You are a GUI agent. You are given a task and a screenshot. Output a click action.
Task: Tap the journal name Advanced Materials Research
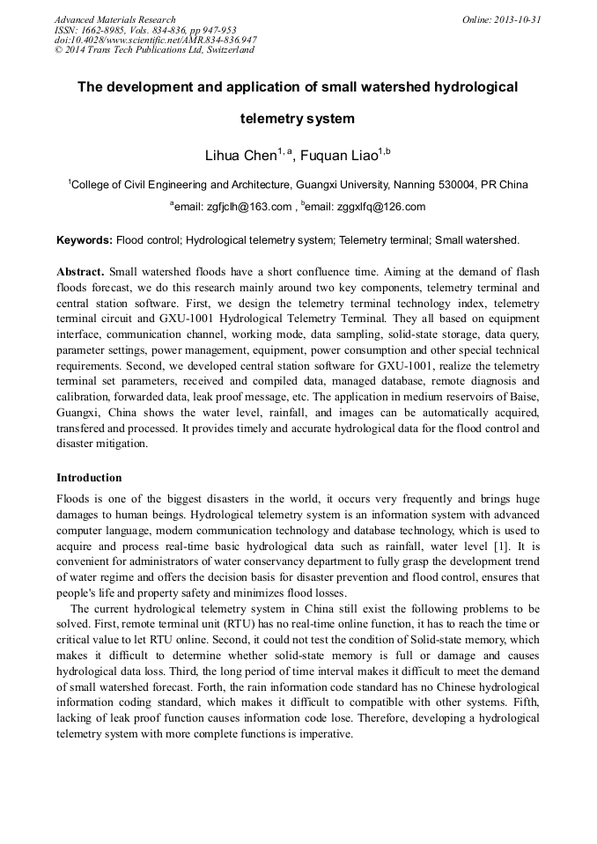[x=114, y=19]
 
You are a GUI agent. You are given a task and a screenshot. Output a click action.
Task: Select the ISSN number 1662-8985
[x=103, y=30]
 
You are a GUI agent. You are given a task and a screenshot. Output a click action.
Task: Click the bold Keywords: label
[x=85, y=239]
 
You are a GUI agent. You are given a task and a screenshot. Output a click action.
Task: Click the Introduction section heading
[x=89, y=478]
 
